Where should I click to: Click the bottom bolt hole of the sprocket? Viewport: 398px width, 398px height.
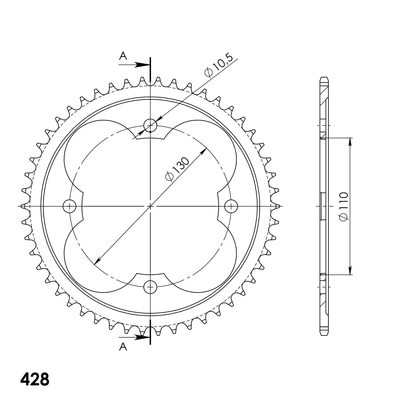click(x=150, y=287)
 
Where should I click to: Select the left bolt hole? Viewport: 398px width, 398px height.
click(x=69, y=207)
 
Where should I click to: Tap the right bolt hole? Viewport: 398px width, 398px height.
click(x=231, y=207)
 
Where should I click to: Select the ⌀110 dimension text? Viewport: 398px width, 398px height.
click(x=343, y=206)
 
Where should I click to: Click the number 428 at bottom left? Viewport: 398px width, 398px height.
click(x=35, y=379)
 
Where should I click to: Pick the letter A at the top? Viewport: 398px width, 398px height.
click(x=123, y=56)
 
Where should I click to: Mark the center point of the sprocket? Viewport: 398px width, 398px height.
click(x=150, y=207)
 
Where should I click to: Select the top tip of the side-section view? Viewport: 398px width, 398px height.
click(x=324, y=78)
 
